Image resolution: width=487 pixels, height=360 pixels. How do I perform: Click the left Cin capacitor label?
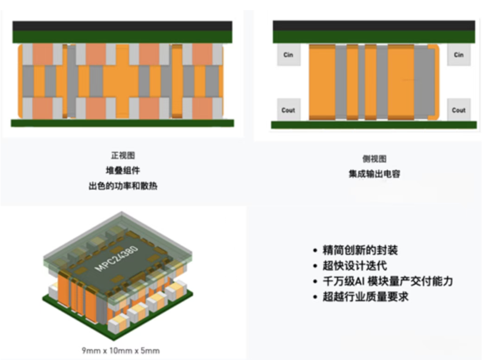[x=288, y=55]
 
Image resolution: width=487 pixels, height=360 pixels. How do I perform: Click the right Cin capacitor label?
[x=458, y=55]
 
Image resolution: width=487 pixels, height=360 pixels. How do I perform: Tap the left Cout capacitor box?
[x=288, y=110]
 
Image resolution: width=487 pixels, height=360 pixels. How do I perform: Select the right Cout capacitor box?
[x=458, y=110]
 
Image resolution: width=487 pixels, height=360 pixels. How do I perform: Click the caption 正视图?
[x=123, y=155]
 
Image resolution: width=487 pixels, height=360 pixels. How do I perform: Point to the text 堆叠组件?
[x=123, y=170]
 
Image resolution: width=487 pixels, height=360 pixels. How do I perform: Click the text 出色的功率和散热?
[x=123, y=186]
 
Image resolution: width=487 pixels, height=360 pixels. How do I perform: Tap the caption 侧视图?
[x=375, y=159]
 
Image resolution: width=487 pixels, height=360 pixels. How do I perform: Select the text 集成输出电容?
[x=375, y=174]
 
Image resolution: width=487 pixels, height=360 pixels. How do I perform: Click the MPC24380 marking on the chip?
[x=117, y=260]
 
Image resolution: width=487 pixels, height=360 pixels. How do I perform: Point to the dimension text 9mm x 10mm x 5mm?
[x=121, y=350]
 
